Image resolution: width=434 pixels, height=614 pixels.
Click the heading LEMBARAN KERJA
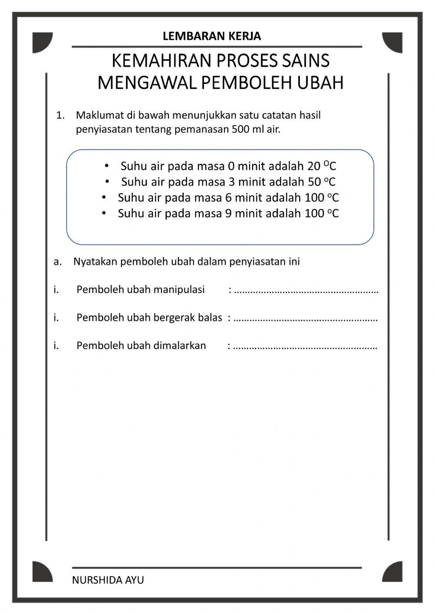[x=212, y=36]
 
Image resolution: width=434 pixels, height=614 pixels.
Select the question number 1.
[x=60, y=116]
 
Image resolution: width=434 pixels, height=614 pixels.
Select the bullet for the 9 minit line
[x=104, y=213]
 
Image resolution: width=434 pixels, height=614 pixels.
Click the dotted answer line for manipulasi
[x=306, y=290]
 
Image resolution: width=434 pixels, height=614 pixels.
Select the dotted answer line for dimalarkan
[x=305, y=347]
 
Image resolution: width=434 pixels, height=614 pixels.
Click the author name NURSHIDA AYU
[x=108, y=580]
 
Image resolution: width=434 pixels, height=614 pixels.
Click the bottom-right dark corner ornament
[x=392, y=571]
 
